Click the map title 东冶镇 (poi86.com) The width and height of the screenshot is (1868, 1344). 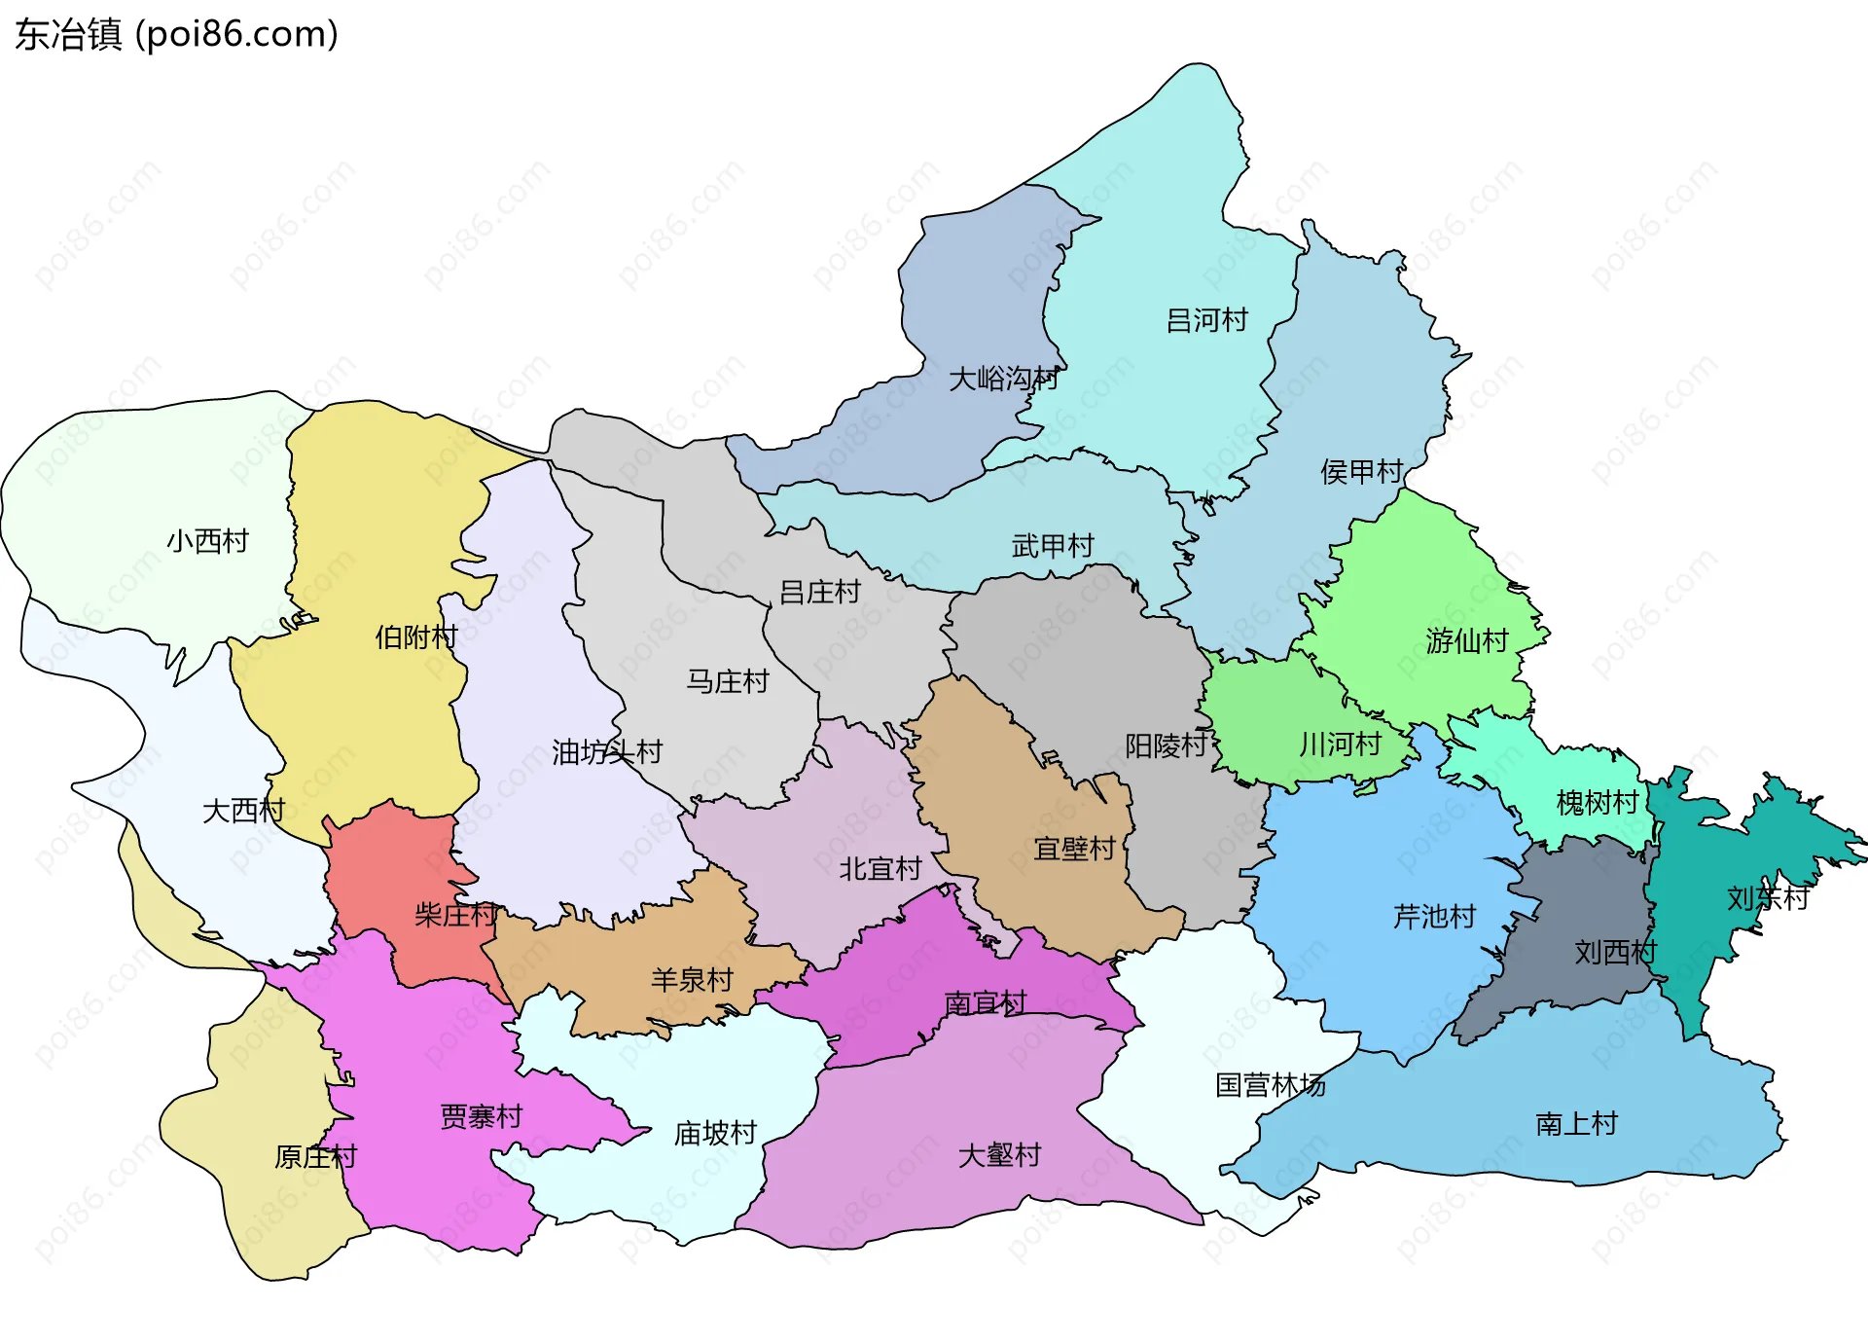coord(176,34)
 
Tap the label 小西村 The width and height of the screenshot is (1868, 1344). coord(207,541)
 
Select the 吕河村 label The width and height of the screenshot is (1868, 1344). coord(1206,320)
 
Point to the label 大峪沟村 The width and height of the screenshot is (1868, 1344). coord(1003,379)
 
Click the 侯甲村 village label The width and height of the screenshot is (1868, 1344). coord(1361,472)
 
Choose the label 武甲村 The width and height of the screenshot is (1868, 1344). coord(1053,546)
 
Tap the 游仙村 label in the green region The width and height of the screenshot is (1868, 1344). coord(1466,640)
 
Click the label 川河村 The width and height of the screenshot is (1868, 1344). coord(1340,745)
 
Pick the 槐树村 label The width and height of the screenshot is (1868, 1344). coord(1597,803)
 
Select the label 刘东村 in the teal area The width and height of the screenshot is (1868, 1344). coord(1767,898)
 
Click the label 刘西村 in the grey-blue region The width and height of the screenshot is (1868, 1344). coord(1615,952)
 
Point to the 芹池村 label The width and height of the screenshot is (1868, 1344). coord(1434,917)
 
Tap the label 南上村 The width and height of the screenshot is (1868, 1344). coord(1576,1124)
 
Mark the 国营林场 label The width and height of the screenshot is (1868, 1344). coord(1270,1085)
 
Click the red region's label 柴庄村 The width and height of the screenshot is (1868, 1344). coord(455,915)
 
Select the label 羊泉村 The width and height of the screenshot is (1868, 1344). coord(692,980)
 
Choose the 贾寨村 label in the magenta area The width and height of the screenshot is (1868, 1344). coord(482,1116)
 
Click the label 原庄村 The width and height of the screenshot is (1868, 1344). coord(315,1157)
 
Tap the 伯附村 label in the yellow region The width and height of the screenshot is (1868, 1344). coord(416,637)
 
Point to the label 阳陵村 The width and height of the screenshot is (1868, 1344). coord(1166,745)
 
